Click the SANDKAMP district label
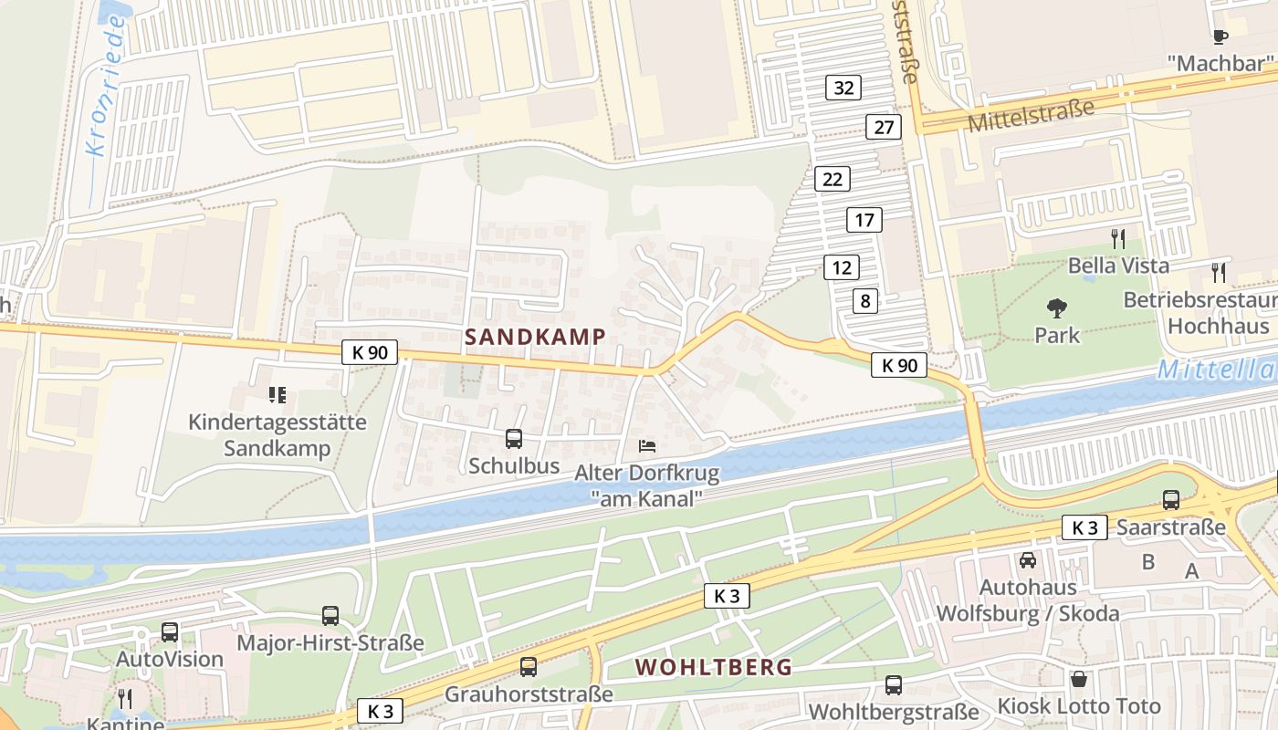(x=534, y=337)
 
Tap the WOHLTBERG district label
(x=714, y=667)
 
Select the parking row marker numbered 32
(x=843, y=88)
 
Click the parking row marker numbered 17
(x=864, y=220)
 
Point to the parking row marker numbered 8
(x=865, y=300)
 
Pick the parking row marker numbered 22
(x=833, y=179)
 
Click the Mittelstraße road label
(x=1030, y=117)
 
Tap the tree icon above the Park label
(x=1057, y=308)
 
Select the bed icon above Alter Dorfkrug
(x=646, y=446)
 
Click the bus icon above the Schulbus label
(x=514, y=439)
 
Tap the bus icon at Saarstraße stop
(x=1171, y=499)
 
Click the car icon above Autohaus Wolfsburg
(x=1028, y=560)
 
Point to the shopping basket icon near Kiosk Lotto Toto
(x=1079, y=679)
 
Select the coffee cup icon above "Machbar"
(x=1220, y=36)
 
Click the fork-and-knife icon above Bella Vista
(x=1118, y=239)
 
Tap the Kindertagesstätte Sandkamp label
(x=278, y=435)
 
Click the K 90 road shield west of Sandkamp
(x=370, y=351)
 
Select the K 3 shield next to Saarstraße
(x=1084, y=527)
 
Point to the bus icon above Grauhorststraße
(x=529, y=667)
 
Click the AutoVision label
(x=170, y=659)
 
